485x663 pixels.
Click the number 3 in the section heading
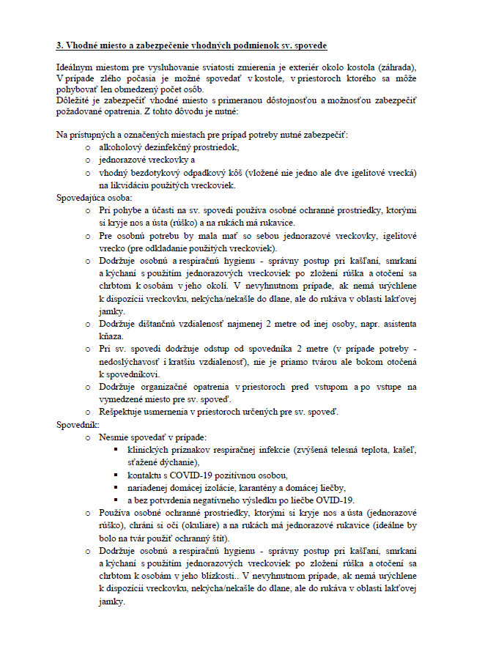pos(59,45)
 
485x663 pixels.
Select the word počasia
pos(125,78)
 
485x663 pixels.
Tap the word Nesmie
pos(114,437)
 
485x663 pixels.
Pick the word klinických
pos(149,450)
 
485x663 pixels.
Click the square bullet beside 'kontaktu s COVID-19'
pos(116,475)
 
